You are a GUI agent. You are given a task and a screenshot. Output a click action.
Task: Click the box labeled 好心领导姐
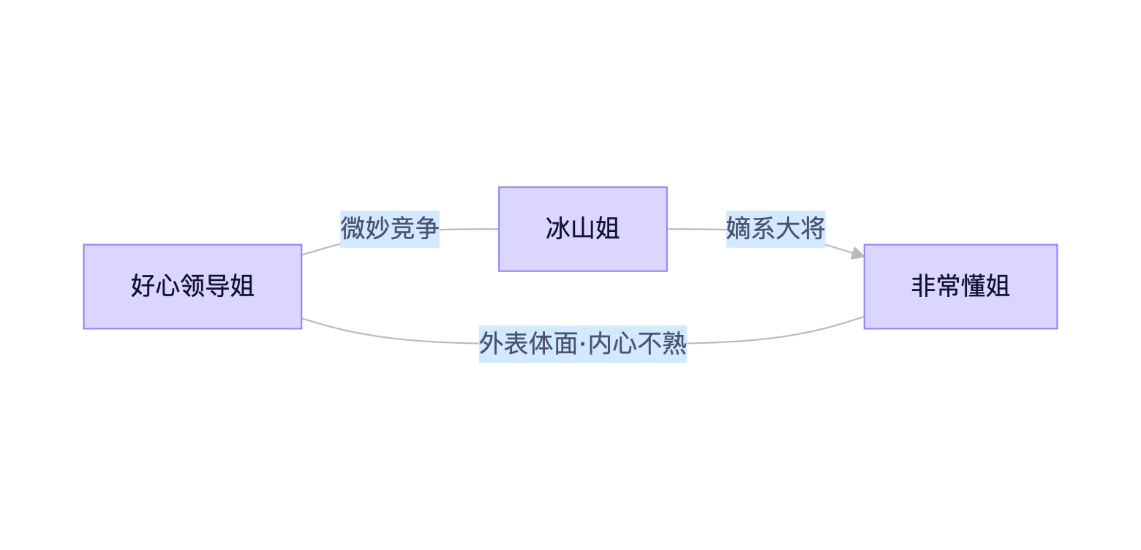192,287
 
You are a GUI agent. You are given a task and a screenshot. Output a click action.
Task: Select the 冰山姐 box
583,229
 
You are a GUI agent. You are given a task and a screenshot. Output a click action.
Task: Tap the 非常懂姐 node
960,287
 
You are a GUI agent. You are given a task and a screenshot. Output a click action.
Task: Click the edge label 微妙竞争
390,229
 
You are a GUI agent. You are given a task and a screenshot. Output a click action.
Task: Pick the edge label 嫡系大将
775,229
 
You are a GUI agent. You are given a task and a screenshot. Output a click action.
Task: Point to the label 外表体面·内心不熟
583,344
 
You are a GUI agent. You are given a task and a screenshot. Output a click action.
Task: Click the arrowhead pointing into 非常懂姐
858,253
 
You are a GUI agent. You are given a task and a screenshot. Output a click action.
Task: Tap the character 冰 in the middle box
558,229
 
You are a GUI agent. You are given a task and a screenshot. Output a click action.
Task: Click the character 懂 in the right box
973,286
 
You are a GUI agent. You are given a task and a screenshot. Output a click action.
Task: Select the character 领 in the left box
192,286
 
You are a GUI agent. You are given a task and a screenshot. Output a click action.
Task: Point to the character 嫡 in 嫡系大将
738,229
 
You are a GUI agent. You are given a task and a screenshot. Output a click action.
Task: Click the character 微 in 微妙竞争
353,229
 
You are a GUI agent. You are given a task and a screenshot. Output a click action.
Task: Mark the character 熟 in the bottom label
674,344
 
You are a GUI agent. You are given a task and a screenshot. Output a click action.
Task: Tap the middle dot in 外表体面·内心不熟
583,344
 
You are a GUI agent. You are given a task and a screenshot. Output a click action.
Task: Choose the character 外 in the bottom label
492,344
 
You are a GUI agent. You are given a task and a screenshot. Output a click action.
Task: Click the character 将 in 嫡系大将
813,229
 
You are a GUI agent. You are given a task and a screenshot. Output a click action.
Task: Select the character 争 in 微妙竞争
427,229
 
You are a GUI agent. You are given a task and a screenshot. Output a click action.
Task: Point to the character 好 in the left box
143,286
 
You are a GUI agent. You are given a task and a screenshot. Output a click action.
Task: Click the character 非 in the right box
924,286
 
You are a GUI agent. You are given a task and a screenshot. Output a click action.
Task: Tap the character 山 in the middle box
583,229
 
